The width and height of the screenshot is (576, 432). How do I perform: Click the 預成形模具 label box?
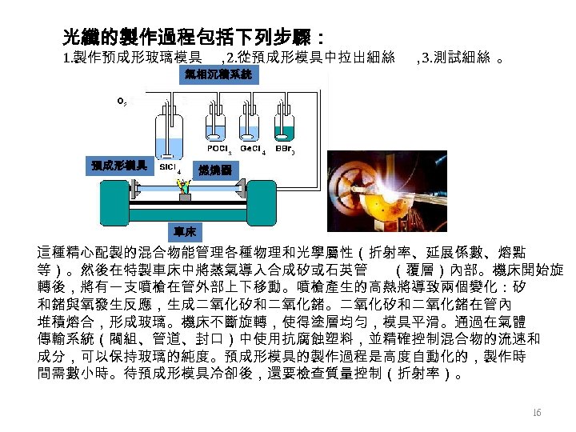(119, 166)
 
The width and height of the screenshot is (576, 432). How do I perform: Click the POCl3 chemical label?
(219, 149)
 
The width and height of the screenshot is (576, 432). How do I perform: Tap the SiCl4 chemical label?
(169, 169)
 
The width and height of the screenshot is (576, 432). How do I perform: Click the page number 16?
(537, 413)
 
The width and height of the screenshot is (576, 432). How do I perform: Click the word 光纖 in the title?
(82, 37)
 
